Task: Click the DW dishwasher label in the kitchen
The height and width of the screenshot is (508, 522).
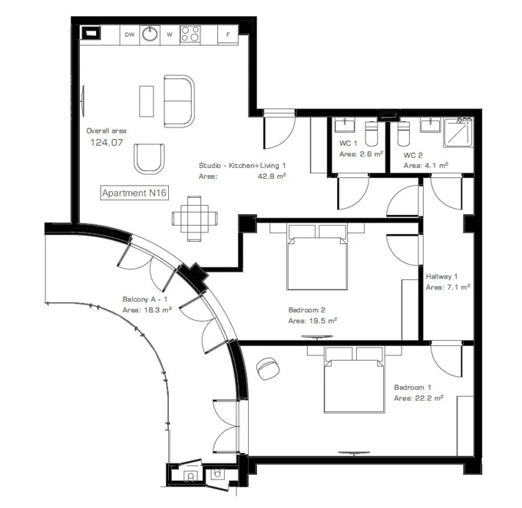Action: (x=130, y=35)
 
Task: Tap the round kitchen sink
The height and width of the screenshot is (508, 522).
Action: (x=150, y=34)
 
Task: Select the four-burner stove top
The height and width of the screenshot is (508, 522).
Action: (x=190, y=35)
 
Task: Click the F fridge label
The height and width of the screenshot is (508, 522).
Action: (x=228, y=35)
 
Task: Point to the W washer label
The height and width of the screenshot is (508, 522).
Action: (x=170, y=35)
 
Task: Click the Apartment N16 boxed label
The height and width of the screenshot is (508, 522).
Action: (x=134, y=193)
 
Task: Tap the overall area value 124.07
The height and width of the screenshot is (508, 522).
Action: (x=107, y=143)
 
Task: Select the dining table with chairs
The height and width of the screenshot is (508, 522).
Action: (x=194, y=219)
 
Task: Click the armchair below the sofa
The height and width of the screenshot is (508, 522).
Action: (x=149, y=159)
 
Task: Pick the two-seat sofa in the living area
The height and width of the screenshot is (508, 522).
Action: (x=179, y=101)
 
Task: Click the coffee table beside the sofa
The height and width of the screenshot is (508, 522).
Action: (x=147, y=101)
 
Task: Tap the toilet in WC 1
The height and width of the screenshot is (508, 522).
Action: (x=372, y=134)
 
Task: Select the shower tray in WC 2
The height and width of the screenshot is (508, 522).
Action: (x=458, y=133)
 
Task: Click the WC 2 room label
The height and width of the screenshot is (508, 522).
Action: (x=413, y=155)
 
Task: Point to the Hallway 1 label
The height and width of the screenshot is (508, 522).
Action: (x=441, y=276)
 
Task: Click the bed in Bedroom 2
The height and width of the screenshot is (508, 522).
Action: (x=316, y=257)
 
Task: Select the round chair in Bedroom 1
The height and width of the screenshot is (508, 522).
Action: (x=268, y=368)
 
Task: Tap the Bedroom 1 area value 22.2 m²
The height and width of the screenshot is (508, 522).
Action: (x=429, y=397)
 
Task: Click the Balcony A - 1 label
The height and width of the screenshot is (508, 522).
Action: (x=145, y=299)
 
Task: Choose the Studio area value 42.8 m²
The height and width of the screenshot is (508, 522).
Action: (x=272, y=176)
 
